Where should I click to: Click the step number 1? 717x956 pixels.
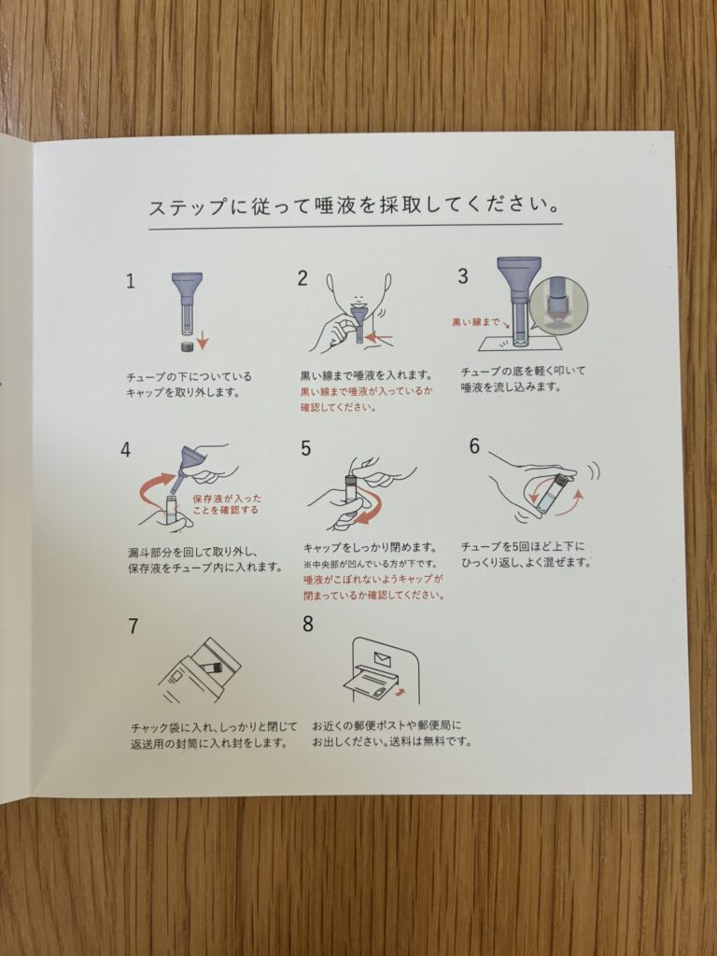tap(131, 281)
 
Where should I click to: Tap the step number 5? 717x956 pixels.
tap(306, 448)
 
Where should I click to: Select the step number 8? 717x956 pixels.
tap(308, 624)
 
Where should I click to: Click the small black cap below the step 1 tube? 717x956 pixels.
tap(186, 345)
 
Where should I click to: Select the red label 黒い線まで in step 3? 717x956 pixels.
tap(475, 322)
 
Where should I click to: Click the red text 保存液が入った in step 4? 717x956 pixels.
tap(227, 499)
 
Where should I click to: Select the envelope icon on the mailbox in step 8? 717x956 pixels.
tap(382, 658)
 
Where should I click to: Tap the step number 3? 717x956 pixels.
tap(463, 276)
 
